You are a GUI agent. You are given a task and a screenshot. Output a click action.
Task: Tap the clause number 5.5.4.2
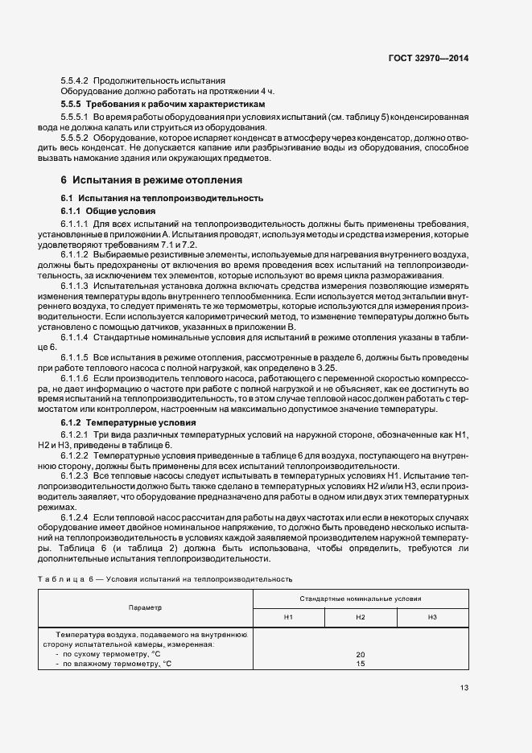[x=75, y=80]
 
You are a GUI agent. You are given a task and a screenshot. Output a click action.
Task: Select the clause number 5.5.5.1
[x=75, y=117]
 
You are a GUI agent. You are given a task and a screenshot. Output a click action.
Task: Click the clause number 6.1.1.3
[x=75, y=286]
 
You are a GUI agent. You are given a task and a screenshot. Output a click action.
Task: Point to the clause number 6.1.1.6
[x=75, y=377]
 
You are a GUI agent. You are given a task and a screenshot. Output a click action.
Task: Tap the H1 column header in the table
[x=288, y=616]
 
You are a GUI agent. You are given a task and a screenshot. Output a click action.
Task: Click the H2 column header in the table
[x=360, y=616]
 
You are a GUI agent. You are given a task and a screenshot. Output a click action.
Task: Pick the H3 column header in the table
[x=432, y=616]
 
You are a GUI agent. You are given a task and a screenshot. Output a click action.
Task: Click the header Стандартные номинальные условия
[x=360, y=599]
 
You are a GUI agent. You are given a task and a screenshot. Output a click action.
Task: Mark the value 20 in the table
[x=360, y=654]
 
